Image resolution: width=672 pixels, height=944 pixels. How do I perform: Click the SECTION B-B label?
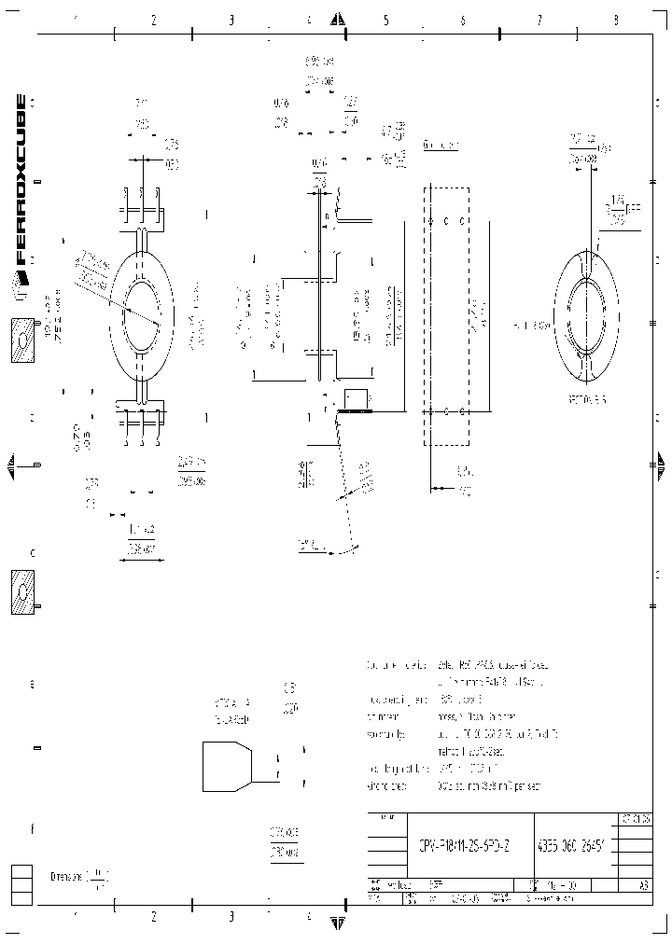click(586, 397)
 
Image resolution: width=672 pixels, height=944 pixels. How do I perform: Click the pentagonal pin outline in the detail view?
click(227, 766)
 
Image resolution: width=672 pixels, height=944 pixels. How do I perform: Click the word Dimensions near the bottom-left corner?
click(68, 877)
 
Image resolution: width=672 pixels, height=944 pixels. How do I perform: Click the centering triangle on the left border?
click(11, 464)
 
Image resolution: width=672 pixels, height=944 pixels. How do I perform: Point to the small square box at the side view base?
click(356, 399)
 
